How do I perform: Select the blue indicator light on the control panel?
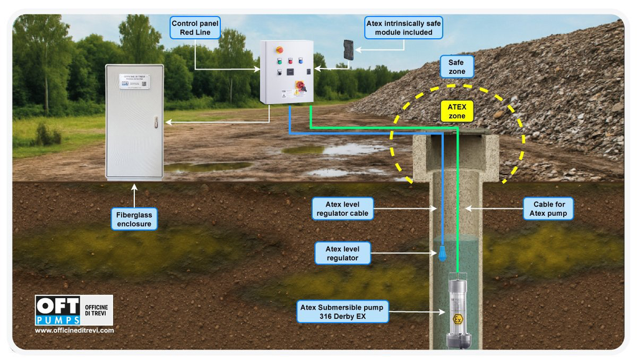[x=300, y=61]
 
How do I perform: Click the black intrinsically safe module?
[x=348, y=49]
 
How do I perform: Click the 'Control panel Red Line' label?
[x=195, y=28]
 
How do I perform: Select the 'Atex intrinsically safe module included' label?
[x=404, y=28]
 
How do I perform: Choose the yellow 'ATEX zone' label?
[x=457, y=111]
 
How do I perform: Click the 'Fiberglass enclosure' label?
[x=134, y=219]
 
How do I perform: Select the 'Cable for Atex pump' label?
[x=548, y=208]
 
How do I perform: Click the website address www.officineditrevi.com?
[x=74, y=330]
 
